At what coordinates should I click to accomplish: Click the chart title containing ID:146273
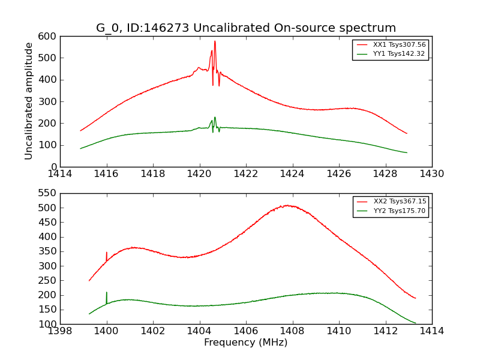(246, 28)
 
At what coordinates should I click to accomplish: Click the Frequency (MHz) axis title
(246, 343)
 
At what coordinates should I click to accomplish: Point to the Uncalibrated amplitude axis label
(29, 101)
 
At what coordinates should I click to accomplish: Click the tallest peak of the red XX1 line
(215, 41)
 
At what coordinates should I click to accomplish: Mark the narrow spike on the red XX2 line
(106, 253)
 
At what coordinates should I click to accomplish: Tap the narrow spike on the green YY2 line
(107, 292)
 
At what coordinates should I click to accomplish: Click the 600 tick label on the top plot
(49, 37)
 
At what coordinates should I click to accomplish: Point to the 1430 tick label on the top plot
(431, 174)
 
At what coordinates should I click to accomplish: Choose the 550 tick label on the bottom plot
(49, 193)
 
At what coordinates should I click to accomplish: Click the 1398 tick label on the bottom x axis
(61, 331)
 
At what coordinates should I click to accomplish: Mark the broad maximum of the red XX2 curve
(288, 206)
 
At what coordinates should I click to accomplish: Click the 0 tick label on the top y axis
(54, 167)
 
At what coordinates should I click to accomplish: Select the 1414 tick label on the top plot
(61, 174)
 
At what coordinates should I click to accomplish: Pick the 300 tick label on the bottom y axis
(49, 266)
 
